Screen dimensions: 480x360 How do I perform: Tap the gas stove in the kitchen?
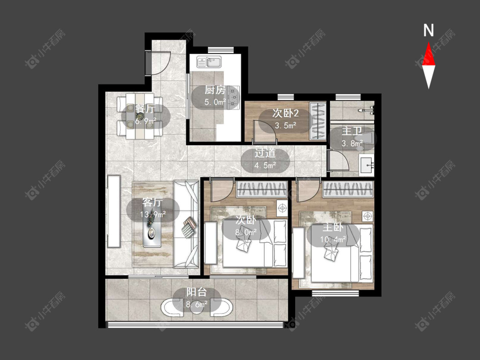click(x=234, y=97)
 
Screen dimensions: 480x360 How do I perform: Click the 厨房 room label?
click(x=215, y=90)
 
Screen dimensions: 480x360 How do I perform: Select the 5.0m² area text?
click(x=215, y=102)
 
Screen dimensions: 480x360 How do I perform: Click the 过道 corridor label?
click(x=265, y=153)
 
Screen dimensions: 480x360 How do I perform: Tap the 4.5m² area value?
click(x=265, y=165)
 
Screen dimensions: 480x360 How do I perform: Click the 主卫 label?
click(x=352, y=131)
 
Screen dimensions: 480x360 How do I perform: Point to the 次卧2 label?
click(x=285, y=113)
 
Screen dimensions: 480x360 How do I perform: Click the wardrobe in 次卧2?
click(x=318, y=121)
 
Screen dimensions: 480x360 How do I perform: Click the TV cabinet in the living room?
click(x=113, y=211)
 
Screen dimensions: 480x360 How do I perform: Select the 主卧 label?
click(x=333, y=227)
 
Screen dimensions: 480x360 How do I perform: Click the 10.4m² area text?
click(x=333, y=239)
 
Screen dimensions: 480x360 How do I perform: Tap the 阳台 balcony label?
click(x=197, y=292)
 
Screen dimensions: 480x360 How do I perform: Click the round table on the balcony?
click(x=197, y=308)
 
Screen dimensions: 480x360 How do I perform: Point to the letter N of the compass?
click(x=428, y=30)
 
